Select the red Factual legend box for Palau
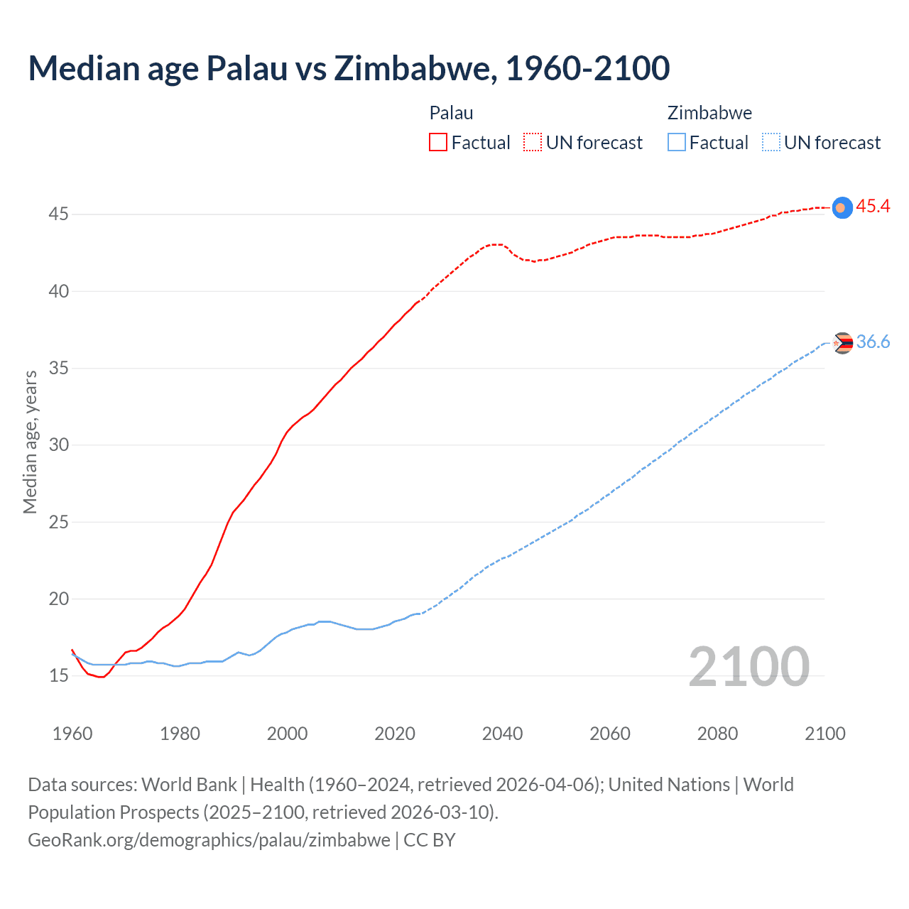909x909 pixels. [438, 142]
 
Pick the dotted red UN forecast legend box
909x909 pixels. [533, 142]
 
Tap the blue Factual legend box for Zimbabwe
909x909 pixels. [677, 142]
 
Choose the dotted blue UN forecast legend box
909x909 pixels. [771, 142]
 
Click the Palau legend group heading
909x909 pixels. [451, 113]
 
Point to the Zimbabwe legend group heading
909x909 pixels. [709, 113]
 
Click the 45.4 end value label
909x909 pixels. [873, 206]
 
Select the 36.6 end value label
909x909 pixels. [873, 342]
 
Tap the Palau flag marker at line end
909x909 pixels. [842, 207]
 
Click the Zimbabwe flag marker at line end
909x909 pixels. [842, 343]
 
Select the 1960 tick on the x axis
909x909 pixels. [72, 734]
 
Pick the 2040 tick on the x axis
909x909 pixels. [502, 734]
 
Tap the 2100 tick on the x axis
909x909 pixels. [825, 734]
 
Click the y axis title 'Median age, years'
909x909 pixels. [30, 442]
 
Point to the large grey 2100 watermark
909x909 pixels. [749, 666]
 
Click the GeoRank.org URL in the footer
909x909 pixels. [209, 840]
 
